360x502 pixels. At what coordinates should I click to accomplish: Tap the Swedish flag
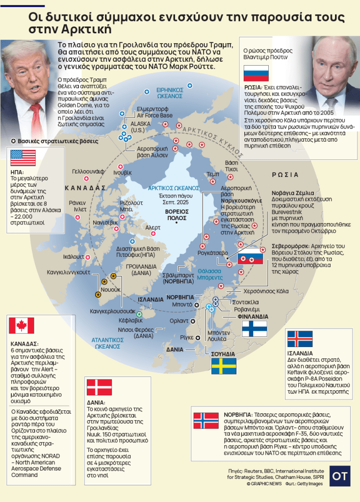coord(224,366)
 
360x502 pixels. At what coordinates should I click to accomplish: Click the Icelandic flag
coord(300,339)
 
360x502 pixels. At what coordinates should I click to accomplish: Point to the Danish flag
coord(99,387)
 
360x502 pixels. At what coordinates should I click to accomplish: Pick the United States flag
coord(23,158)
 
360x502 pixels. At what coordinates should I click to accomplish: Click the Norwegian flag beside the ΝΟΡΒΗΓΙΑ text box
coord(206,421)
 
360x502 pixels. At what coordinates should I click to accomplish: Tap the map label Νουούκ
coord(110,290)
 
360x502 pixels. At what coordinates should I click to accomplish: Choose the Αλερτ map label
coord(153,227)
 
